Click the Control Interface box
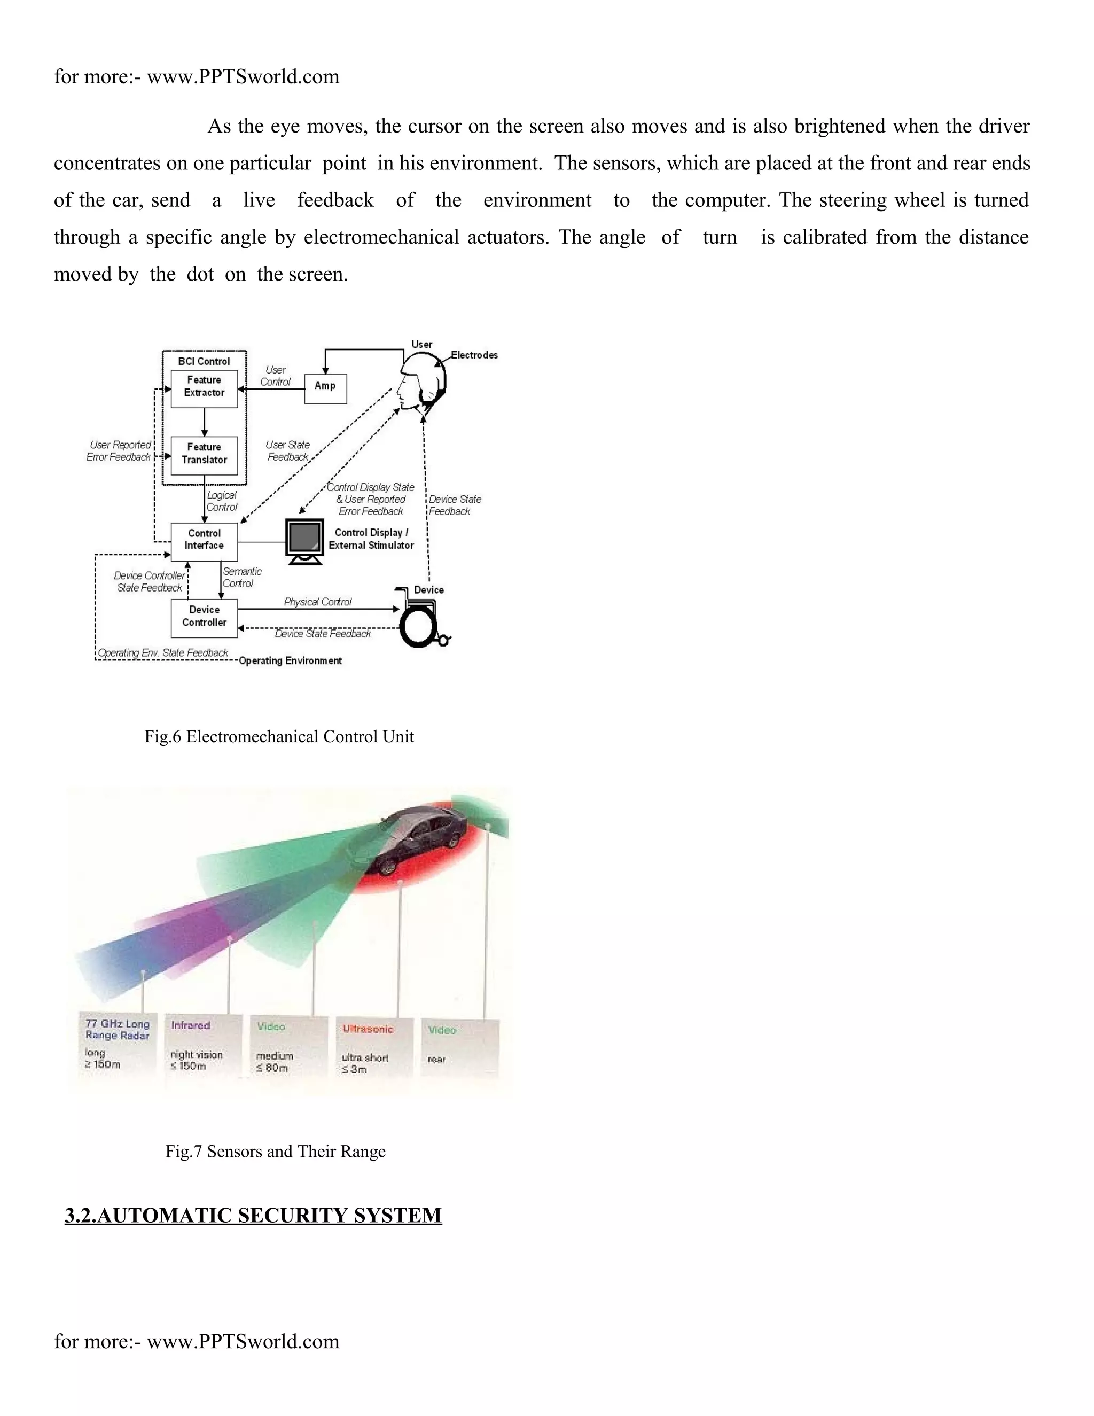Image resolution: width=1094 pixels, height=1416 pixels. coord(204,540)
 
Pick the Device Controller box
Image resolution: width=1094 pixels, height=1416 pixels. coord(204,617)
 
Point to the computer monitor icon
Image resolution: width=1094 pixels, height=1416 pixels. coord(304,541)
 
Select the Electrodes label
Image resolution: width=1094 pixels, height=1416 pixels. coord(474,355)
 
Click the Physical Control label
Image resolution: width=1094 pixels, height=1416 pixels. coord(318,602)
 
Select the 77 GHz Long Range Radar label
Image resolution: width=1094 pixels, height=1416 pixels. coord(118,1030)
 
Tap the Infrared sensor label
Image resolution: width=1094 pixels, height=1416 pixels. coord(191,1025)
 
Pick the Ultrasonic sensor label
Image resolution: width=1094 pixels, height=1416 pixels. coord(368,1028)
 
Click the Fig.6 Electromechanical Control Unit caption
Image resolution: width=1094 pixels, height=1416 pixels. coord(279,736)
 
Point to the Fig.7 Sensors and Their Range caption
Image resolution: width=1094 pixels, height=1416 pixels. coord(276,1152)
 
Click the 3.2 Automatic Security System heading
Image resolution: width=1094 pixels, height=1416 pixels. coord(253,1215)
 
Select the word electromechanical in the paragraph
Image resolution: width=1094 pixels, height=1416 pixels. coord(382,237)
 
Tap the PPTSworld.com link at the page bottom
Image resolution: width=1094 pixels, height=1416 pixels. coord(243,1341)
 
